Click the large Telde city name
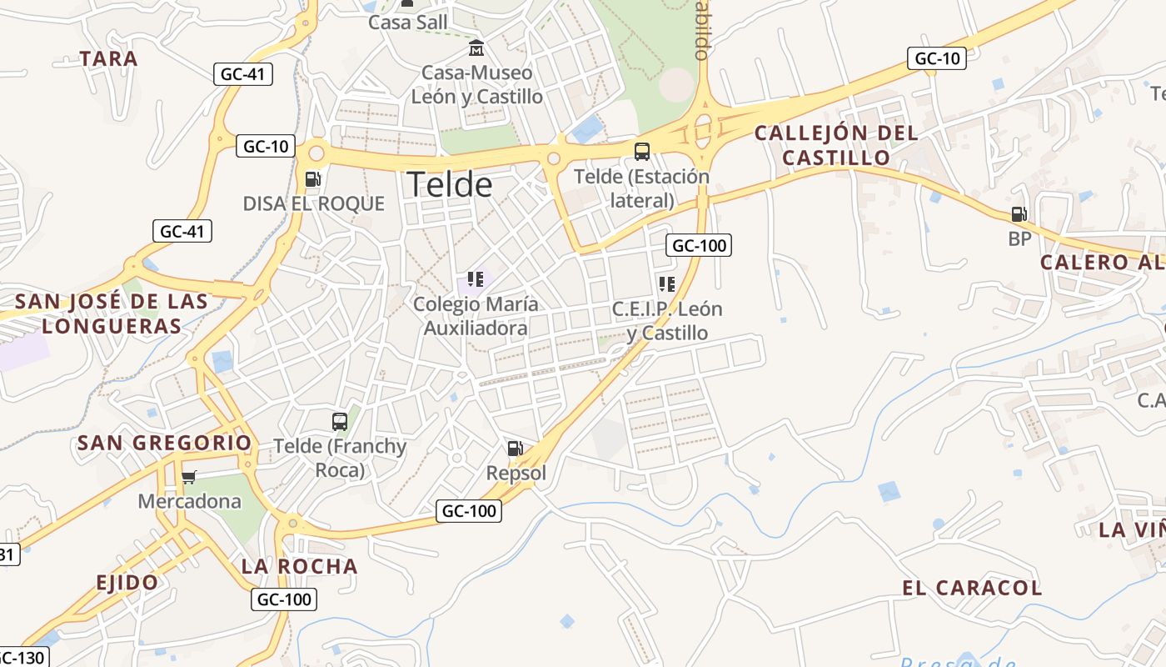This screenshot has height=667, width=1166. [450, 184]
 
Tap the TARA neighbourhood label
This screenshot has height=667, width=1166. [108, 59]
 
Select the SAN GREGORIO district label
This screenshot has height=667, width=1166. [164, 443]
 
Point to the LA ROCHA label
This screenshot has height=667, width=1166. [300, 566]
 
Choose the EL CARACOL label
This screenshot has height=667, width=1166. [972, 588]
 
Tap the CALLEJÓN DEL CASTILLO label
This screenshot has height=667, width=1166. [836, 144]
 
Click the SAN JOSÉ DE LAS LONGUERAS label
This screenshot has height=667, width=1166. [112, 313]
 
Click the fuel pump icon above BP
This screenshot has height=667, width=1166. [1019, 215]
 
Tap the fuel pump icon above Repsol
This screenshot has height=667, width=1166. [516, 449]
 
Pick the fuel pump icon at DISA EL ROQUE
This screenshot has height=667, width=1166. [313, 178]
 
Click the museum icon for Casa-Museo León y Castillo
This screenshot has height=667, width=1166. [476, 48]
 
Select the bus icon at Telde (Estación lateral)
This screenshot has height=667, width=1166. [642, 152]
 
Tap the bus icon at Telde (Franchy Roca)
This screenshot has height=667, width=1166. [340, 422]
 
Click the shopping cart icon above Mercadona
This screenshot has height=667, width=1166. [189, 478]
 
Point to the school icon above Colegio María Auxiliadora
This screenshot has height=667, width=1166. [476, 279]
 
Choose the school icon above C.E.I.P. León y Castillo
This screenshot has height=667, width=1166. [666, 284]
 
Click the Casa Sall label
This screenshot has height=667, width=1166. [408, 23]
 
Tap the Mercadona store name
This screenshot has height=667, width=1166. [189, 501]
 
